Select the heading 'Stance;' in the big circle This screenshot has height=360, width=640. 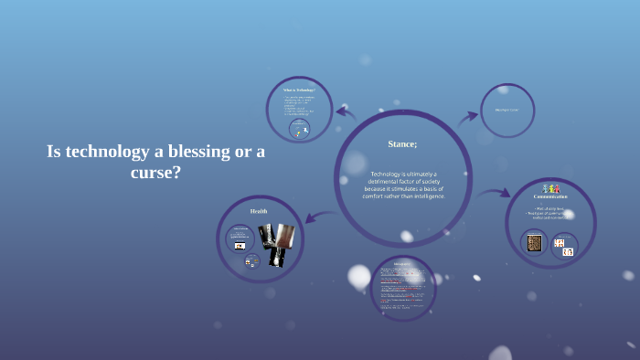402,143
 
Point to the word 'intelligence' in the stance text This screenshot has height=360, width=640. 423,196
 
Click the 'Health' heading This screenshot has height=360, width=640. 259,211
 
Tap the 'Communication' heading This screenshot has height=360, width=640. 550,196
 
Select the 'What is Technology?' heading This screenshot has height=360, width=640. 299,90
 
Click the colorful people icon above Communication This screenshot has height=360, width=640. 550,188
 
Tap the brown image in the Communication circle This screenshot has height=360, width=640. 534,243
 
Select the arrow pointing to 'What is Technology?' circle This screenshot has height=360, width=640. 346,113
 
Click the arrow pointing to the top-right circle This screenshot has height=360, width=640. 467,116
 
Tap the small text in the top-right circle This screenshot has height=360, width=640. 507,111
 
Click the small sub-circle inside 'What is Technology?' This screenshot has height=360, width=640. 299,130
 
